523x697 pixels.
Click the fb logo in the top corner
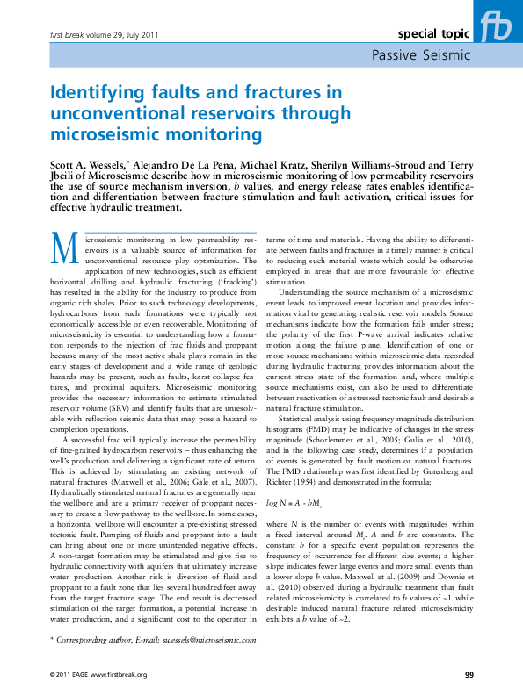[498, 25]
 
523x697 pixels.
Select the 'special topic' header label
[434, 34]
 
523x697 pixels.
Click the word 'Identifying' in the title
[98, 91]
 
